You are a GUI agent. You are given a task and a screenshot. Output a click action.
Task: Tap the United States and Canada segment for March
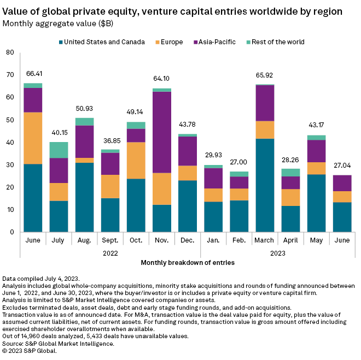click(x=265, y=185)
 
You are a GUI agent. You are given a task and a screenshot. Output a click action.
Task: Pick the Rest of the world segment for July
click(x=59, y=150)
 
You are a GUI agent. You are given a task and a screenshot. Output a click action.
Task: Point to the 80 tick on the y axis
click(x=10, y=52)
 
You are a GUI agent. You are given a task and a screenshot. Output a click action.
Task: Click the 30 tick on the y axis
click(x=10, y=165)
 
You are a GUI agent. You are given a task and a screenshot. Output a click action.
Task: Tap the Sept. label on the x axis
click(x=110, y=240)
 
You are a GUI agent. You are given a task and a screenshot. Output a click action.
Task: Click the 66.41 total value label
click(x=33, y=74)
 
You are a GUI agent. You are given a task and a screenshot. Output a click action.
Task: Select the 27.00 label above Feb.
click(x=240, y=162)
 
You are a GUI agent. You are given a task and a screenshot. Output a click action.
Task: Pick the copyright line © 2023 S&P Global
click(x=30, y=351)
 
